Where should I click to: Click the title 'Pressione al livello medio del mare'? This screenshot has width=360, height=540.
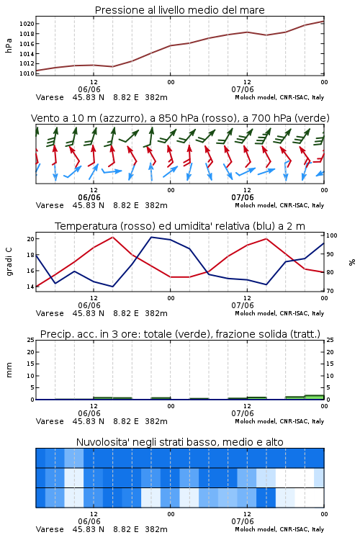[179, 10]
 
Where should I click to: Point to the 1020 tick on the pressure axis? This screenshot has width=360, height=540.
[27, 24]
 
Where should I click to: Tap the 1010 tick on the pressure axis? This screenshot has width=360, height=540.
[27, 73]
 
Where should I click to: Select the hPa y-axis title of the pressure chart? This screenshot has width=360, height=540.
[9, 45]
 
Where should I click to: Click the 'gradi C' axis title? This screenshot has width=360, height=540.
[9, 261]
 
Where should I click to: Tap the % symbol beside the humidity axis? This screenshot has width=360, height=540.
[352, 262]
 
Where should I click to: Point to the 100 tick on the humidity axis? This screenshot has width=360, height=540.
[332, 235]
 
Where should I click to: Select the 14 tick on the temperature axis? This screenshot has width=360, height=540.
[30, 287]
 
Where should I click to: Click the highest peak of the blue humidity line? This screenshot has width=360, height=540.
[151, 237]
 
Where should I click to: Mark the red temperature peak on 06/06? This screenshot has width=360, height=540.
[112, 237]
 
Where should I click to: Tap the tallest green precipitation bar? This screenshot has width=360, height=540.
[314, 397]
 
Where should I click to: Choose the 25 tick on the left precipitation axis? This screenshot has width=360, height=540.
[30, 340]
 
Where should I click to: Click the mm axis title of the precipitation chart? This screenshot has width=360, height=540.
[9, 370]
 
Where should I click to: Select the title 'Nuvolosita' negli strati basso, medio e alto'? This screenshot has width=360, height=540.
[179, 442]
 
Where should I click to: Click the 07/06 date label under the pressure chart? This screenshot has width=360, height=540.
[243, 89]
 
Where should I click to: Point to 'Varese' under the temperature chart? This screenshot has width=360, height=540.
[50, 313]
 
